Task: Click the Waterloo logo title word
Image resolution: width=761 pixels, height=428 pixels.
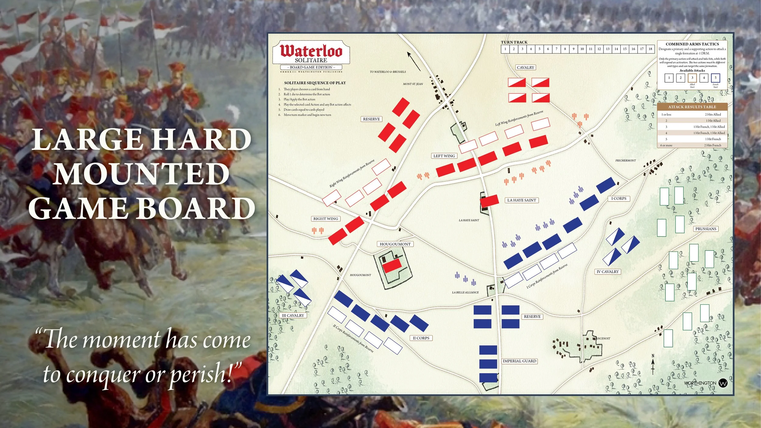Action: [x=311, y=51]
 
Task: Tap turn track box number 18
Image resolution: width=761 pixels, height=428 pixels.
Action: [x=650, y=49]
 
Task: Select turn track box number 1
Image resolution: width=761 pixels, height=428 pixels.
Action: [x=505, y=49]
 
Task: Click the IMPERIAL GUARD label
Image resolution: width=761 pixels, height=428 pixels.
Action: [x=519, y=361]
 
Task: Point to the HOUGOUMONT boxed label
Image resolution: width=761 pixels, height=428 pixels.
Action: [x=395, y=244]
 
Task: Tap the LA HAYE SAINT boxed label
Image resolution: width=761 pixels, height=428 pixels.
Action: [x=521, y=200]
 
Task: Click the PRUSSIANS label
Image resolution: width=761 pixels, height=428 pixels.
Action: [x=706, y=229]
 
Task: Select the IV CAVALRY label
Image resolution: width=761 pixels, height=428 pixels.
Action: [x=608, y=272]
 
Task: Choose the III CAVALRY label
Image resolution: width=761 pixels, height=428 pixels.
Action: [x=293, y=315]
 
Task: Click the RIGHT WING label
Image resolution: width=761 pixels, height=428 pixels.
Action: [x=326, y=219]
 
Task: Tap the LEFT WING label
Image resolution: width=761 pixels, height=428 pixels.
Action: [x=444, y=156]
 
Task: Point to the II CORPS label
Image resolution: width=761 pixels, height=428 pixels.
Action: [x=421, y=338]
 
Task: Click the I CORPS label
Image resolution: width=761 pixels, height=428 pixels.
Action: [x=619, y=198]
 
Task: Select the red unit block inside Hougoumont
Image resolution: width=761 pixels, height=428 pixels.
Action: [x=392, y=266]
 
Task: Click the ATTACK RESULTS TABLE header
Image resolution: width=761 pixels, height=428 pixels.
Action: [x=692, y=107]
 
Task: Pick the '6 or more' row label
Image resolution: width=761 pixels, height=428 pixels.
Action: [x=666, y=145]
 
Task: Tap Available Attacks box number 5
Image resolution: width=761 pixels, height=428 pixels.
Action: [x=715, y=78]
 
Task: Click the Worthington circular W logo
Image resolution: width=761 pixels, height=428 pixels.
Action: [x=723, y=383]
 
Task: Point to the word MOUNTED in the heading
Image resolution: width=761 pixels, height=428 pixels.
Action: [x=142, y=174]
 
